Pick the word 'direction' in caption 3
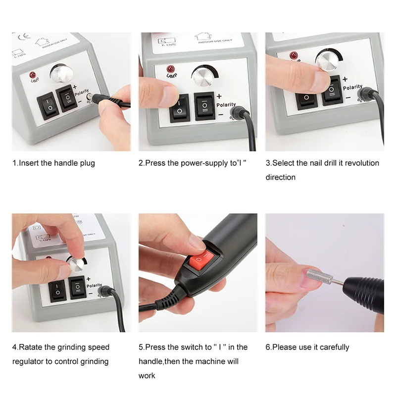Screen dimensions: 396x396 pos(280,177)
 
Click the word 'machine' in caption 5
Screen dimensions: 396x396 pos(206,361)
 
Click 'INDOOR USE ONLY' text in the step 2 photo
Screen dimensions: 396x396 pos(213,43)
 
